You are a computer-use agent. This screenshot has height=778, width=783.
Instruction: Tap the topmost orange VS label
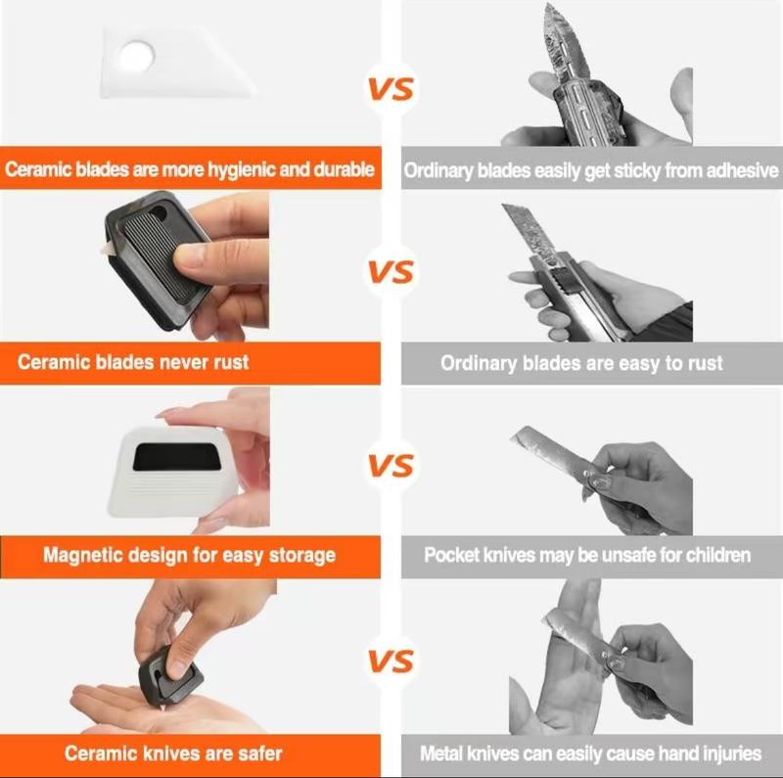391,89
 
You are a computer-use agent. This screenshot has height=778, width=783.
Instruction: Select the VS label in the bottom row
391,662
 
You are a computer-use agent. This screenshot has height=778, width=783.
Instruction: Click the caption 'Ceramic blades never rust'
133,362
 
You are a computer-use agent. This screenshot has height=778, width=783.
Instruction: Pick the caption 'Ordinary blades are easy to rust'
581,363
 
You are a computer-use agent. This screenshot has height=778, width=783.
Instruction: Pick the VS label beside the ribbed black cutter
391,271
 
